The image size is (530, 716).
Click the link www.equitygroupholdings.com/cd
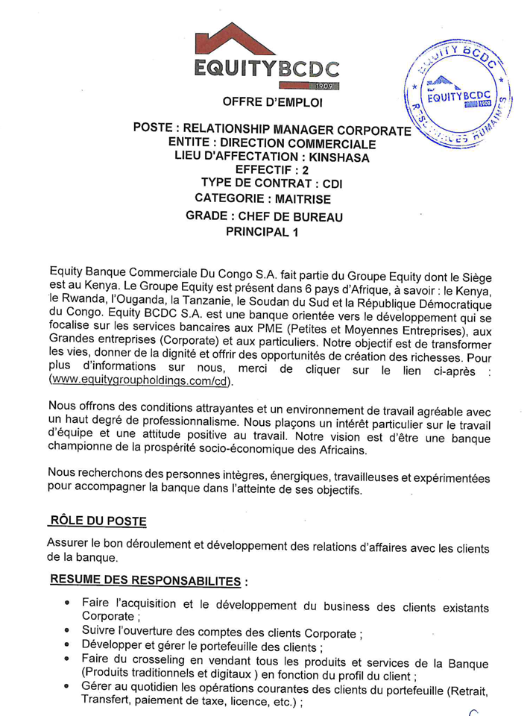pyautogui.click(x=140, y=380)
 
